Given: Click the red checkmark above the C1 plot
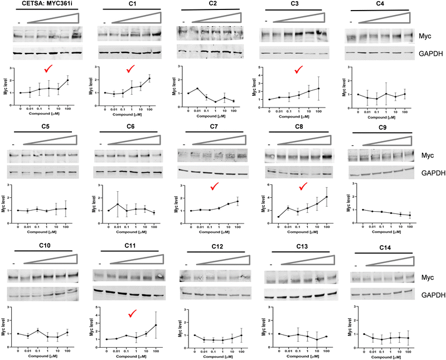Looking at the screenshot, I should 131,69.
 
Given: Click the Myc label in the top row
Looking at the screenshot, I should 426,37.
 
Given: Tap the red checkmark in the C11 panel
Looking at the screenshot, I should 132,315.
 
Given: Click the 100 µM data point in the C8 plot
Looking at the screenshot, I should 325,196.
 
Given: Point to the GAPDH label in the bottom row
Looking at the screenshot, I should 431,295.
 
